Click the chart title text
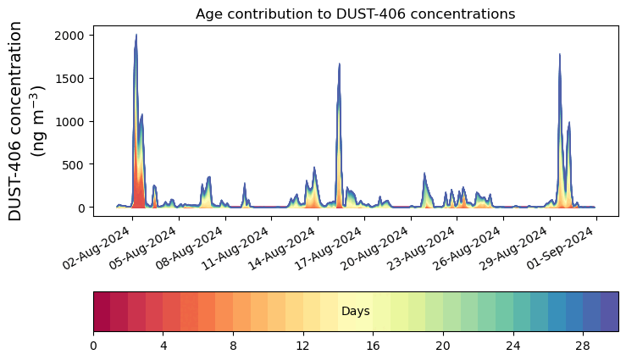355,14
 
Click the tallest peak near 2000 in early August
136,36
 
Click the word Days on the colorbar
355,312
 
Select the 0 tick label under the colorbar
93,346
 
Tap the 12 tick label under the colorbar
303,346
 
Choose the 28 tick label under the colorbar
583,346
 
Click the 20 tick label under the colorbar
443,346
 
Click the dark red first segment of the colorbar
102,312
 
